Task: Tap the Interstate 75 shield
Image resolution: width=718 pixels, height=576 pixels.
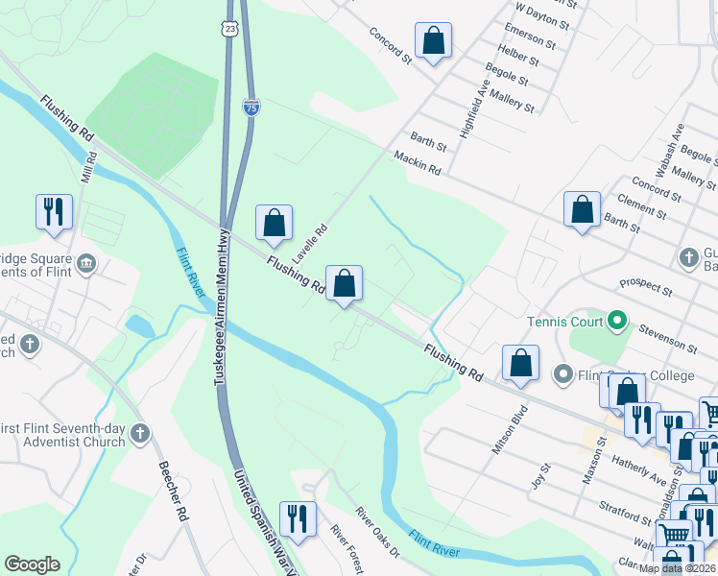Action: pyautogui.click(x=250, y=108)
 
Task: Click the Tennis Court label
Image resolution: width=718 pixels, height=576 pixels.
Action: pyautogui.click(x=565, y=320)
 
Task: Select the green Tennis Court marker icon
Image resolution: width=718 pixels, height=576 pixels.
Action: pyautogui.click(x=618, y=320)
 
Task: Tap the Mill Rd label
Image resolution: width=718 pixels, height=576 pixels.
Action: pyautogui.click(x=90, y=168)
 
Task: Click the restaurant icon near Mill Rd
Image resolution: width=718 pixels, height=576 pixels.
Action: pyautogui.click(x=54, y=211)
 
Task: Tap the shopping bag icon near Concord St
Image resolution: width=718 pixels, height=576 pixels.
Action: pyautogui.click(x=434, y=41)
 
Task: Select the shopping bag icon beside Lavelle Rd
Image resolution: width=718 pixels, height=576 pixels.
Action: pyautogui.click(x=275, y=223)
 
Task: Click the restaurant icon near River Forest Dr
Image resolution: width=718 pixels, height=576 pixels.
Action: pyautogui.click(x=298, y=518)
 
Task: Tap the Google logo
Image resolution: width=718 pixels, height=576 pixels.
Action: pyautogui.click(x=32, y=564)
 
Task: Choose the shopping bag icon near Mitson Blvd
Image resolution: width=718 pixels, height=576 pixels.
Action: pyautogui.click(x=520, y=363)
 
